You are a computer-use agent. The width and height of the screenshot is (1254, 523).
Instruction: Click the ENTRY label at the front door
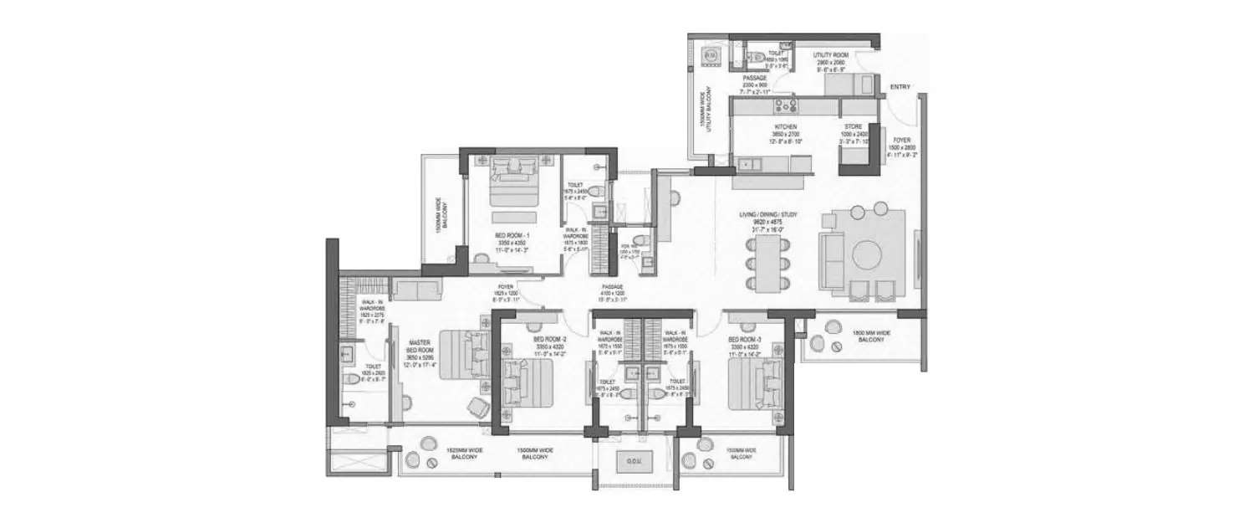900,87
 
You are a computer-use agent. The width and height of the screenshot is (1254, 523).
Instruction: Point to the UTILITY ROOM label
832,55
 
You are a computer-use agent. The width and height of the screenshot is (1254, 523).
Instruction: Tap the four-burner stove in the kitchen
786,106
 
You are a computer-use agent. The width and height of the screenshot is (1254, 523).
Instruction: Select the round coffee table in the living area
868,253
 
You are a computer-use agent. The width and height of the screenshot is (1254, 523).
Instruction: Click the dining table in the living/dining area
767,263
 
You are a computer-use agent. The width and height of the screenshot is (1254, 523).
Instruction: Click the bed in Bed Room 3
747,382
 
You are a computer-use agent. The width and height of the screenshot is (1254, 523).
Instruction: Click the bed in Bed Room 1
511,182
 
